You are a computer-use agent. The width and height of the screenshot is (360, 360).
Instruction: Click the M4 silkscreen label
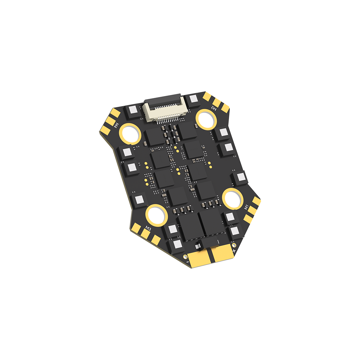(x=117, y=125)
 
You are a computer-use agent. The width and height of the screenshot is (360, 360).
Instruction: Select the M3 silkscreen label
(x=148, y=227)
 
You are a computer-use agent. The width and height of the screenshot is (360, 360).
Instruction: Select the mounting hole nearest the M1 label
(x=232, y=198)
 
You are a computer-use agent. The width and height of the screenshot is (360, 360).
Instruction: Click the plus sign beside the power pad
(x=234, y=250)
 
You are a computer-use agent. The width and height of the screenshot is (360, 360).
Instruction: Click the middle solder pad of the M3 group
(x=145, y=234)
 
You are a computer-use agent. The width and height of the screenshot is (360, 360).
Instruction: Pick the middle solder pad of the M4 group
(x=109, y=122)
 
